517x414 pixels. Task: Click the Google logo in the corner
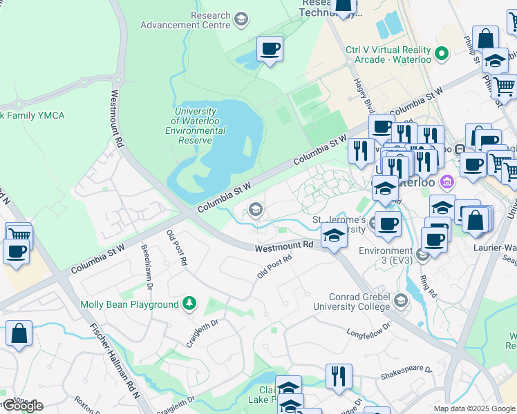tap(23, 406)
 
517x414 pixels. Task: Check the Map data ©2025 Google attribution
tap(474, 408)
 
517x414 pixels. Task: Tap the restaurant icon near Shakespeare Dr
tap(339, 377)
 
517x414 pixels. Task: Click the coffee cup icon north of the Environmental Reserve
tap(270, 50)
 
